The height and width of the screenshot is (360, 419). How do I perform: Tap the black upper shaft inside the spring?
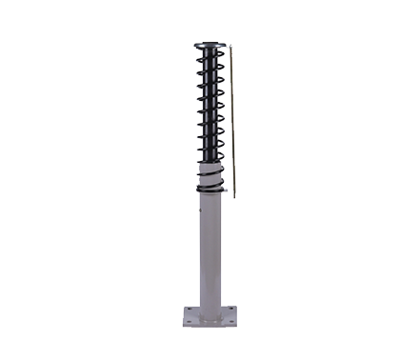pos(210,114)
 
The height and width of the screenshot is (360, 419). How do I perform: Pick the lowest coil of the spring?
pos(211,189)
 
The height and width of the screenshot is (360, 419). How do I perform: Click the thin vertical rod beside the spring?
pos(231,124)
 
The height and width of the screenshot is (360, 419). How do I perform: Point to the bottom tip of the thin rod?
pos(233,196)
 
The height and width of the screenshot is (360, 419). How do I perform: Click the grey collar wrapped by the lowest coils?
pos(211,173)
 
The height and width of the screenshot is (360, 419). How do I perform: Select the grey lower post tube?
pos(211,252)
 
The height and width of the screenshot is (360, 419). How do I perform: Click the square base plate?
pos(210,318)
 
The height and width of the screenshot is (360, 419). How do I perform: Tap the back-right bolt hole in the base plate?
pos(229,310)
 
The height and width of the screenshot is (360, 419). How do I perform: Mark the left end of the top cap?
pos(194,44)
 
